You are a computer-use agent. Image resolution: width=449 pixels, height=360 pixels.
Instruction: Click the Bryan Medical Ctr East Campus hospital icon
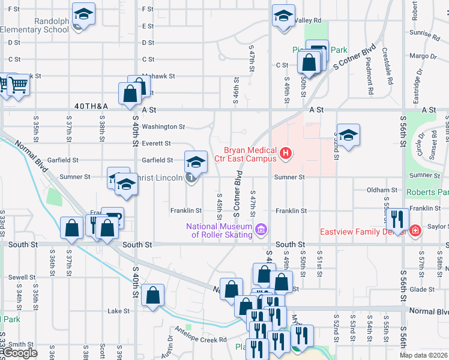coord(286,154)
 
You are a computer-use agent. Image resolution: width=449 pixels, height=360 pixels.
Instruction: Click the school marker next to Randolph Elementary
coord(83,14)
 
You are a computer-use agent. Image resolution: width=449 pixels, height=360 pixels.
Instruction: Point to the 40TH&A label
coord(91,106)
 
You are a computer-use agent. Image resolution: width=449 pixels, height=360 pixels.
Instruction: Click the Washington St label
coord(163,127)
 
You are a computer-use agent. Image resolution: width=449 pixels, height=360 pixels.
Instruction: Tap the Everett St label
coord(156,143)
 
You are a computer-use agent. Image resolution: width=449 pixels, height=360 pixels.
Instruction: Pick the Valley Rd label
coord(308,20)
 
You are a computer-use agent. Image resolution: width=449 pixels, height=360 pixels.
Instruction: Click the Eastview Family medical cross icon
coord(415,230)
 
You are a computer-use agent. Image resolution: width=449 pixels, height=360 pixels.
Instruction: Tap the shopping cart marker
coord(19,86)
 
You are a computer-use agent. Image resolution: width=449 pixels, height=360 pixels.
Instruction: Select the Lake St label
coord(118,311)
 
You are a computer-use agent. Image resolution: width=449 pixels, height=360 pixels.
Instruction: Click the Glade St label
coord(422,289)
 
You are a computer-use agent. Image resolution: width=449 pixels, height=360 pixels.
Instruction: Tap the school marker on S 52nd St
coord(348,136)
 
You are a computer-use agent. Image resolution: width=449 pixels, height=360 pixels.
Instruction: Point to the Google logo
coord(20,353)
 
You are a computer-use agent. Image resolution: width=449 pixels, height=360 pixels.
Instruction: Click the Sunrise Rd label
coord(427,35)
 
